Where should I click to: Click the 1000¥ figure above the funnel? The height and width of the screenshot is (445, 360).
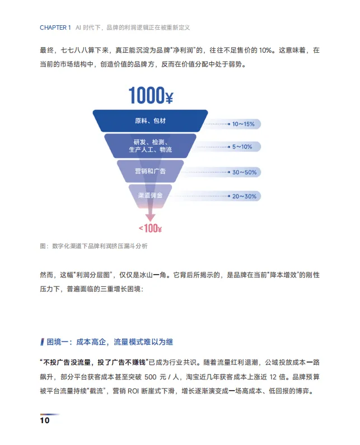coord(151,95)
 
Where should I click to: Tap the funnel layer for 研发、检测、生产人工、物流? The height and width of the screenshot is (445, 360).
coord(150,146)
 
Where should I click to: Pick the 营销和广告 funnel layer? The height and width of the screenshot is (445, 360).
coord(150,170)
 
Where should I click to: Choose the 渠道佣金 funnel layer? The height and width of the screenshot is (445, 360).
coord(150,195)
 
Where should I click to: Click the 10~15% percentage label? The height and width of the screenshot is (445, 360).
coord(243,123)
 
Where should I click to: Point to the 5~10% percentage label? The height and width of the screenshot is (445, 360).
coord(242,147)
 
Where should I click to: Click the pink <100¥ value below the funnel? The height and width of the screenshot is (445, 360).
coord(150,228)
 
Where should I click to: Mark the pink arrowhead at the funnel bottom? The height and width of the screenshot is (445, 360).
coord(150,216)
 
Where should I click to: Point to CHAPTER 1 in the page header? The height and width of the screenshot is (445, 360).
coord(55,27)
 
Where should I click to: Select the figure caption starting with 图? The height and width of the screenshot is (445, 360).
coord(93,246)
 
